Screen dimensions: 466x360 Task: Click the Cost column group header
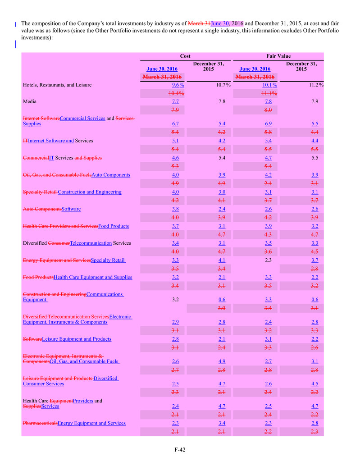185,56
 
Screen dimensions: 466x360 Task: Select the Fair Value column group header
278,56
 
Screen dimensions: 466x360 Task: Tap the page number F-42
180,449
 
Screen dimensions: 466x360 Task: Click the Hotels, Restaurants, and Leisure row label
57,85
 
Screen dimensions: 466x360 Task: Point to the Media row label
30,102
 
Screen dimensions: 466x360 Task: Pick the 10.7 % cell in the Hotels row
210,85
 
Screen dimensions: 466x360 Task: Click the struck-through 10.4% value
163,93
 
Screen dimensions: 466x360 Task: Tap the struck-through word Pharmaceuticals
40,423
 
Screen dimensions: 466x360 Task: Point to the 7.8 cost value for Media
209,102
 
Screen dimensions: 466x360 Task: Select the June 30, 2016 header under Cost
162,69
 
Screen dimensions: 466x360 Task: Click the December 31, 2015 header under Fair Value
301,66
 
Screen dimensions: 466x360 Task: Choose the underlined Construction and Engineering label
90,192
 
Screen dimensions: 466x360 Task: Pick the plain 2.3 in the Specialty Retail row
255,260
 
